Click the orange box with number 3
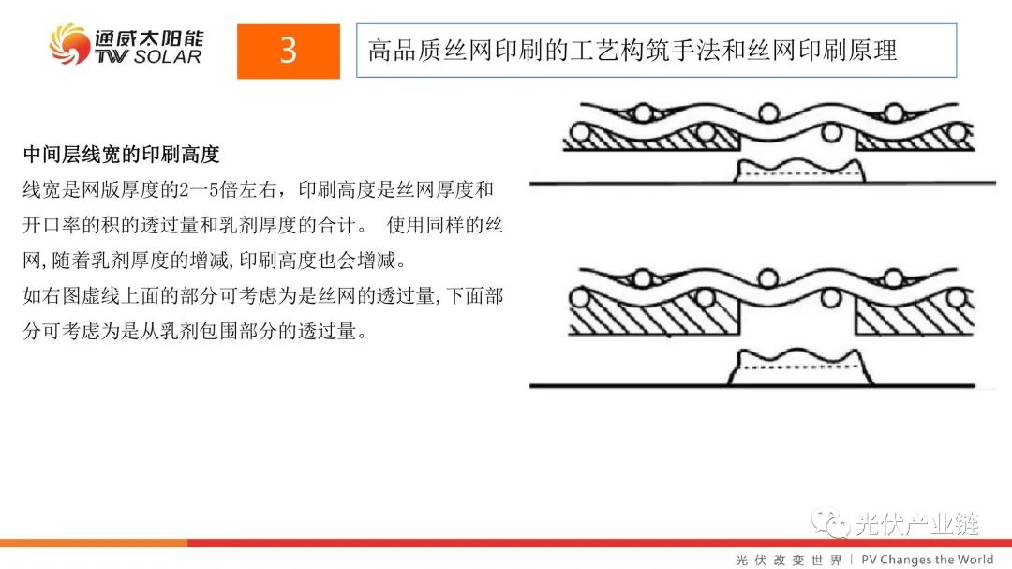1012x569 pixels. pos(288,51)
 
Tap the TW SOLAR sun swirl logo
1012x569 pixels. pos(69,44)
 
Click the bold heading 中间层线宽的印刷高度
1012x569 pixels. pos(121,155)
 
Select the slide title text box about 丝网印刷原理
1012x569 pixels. pos(656,51)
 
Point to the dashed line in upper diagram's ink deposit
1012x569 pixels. pos(799,173)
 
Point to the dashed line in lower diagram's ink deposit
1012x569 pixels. pos(799,367)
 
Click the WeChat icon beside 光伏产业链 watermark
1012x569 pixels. pos(830,524)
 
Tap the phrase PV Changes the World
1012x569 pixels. pos(928,560)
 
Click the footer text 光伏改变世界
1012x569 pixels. pos(789,560)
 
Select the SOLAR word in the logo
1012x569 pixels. pos(168,57)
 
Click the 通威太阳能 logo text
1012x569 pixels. pos(148,37)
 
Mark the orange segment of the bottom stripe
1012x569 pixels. pos(94,543)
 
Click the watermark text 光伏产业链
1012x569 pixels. pos(917,524)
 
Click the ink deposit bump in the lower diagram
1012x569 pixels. pos(800,367)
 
